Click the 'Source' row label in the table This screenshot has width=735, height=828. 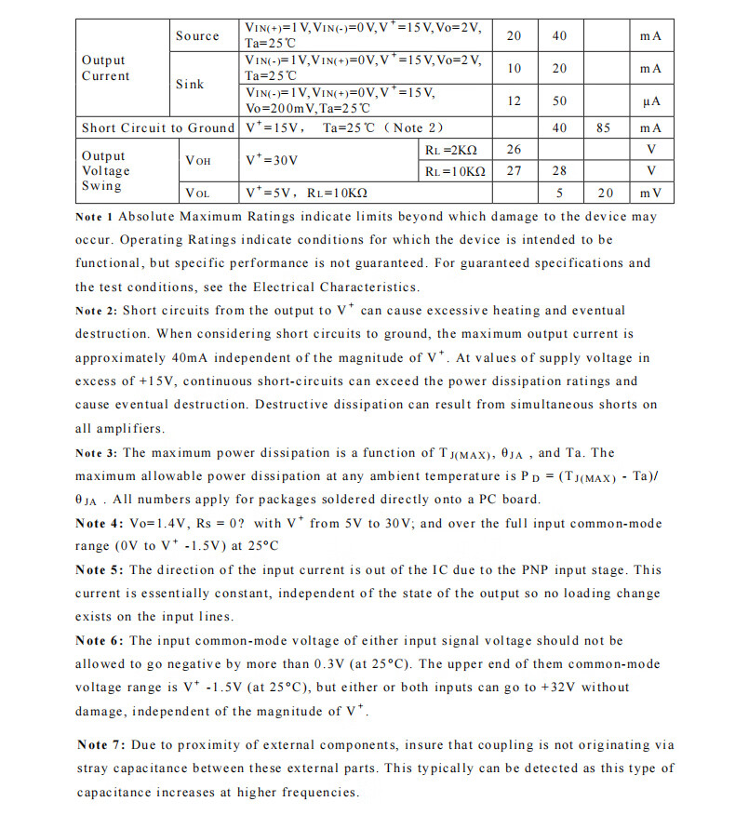tap(197, 35)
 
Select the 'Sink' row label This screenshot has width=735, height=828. tap(190, 84)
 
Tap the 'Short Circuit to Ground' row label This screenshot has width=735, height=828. tap(158, 127)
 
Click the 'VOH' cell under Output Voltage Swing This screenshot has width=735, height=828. tap(198, 160)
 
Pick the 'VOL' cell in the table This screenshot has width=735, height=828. tap(197, 193)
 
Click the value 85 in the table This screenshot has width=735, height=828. tap(603, 127)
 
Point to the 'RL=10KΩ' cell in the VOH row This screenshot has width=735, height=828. tap(455, 171)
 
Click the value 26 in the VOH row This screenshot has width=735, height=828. tap(514, 149)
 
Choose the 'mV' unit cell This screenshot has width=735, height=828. tap(650, 193)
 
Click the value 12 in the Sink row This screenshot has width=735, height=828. tap(514, 100)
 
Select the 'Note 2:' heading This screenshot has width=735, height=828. tap(97, 311)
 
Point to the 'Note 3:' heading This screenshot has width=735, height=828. tap(97, 453)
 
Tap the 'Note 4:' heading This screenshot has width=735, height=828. tap(98, 524)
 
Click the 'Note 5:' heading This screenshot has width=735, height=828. tap(98, 570)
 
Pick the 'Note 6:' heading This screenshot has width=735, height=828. tap(98, 641)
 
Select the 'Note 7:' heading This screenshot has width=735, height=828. tap(102, 745)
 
